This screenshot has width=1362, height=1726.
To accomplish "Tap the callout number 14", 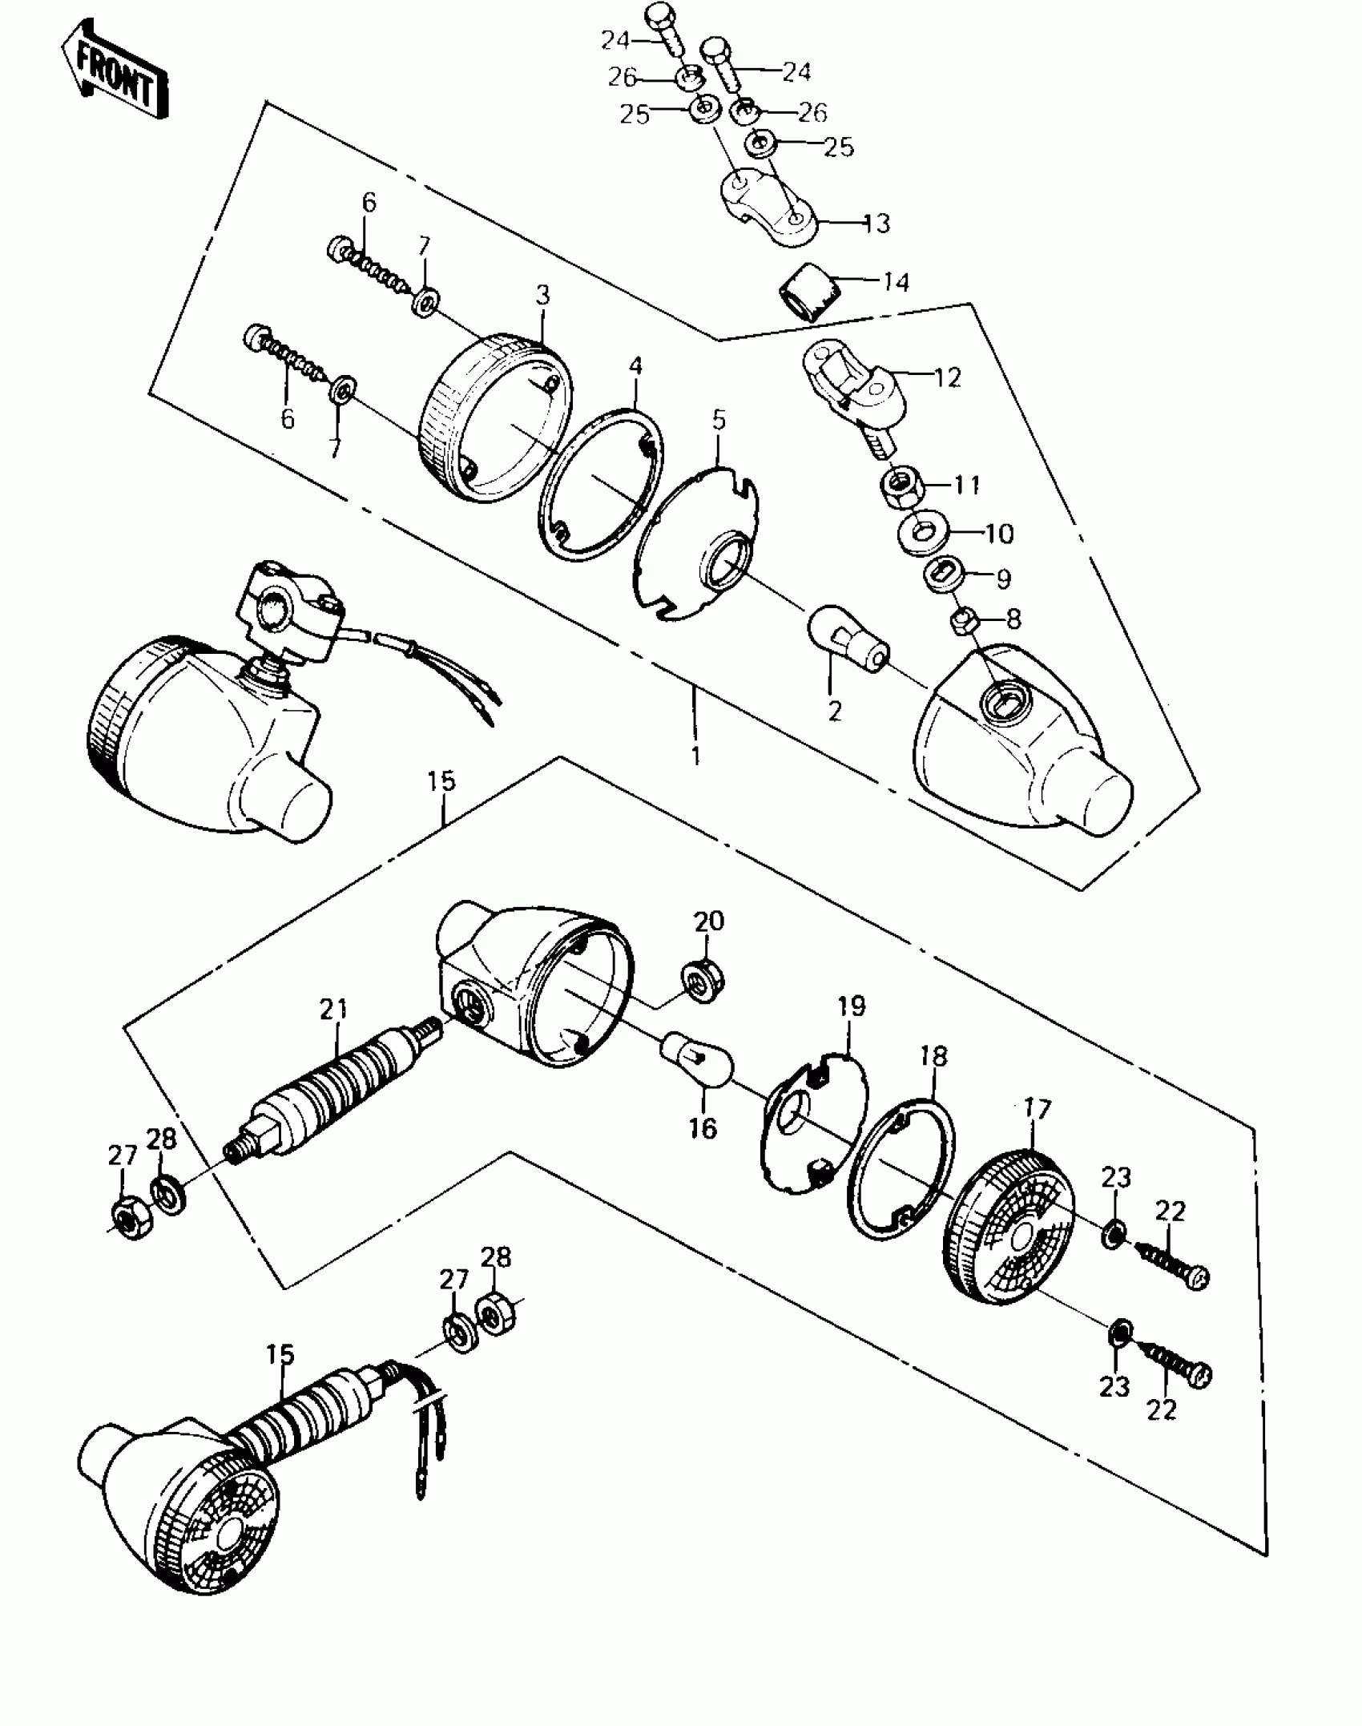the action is [x=897, y=282].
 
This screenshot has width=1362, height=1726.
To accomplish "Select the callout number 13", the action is [x=876, y=224].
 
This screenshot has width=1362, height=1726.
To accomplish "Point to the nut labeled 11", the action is [x=903, y=486].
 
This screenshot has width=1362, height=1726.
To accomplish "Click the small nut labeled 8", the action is [x=962, y=619].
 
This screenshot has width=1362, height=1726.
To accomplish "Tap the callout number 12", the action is [x=946, y=377].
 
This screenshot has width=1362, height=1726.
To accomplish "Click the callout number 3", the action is [x=543, y=296].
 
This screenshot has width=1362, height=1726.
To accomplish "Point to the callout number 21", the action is [x=333, y=1010].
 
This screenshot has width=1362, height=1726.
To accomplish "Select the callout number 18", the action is [x=933, y=1057].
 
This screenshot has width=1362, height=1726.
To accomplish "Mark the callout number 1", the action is [x=695, y=755].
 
